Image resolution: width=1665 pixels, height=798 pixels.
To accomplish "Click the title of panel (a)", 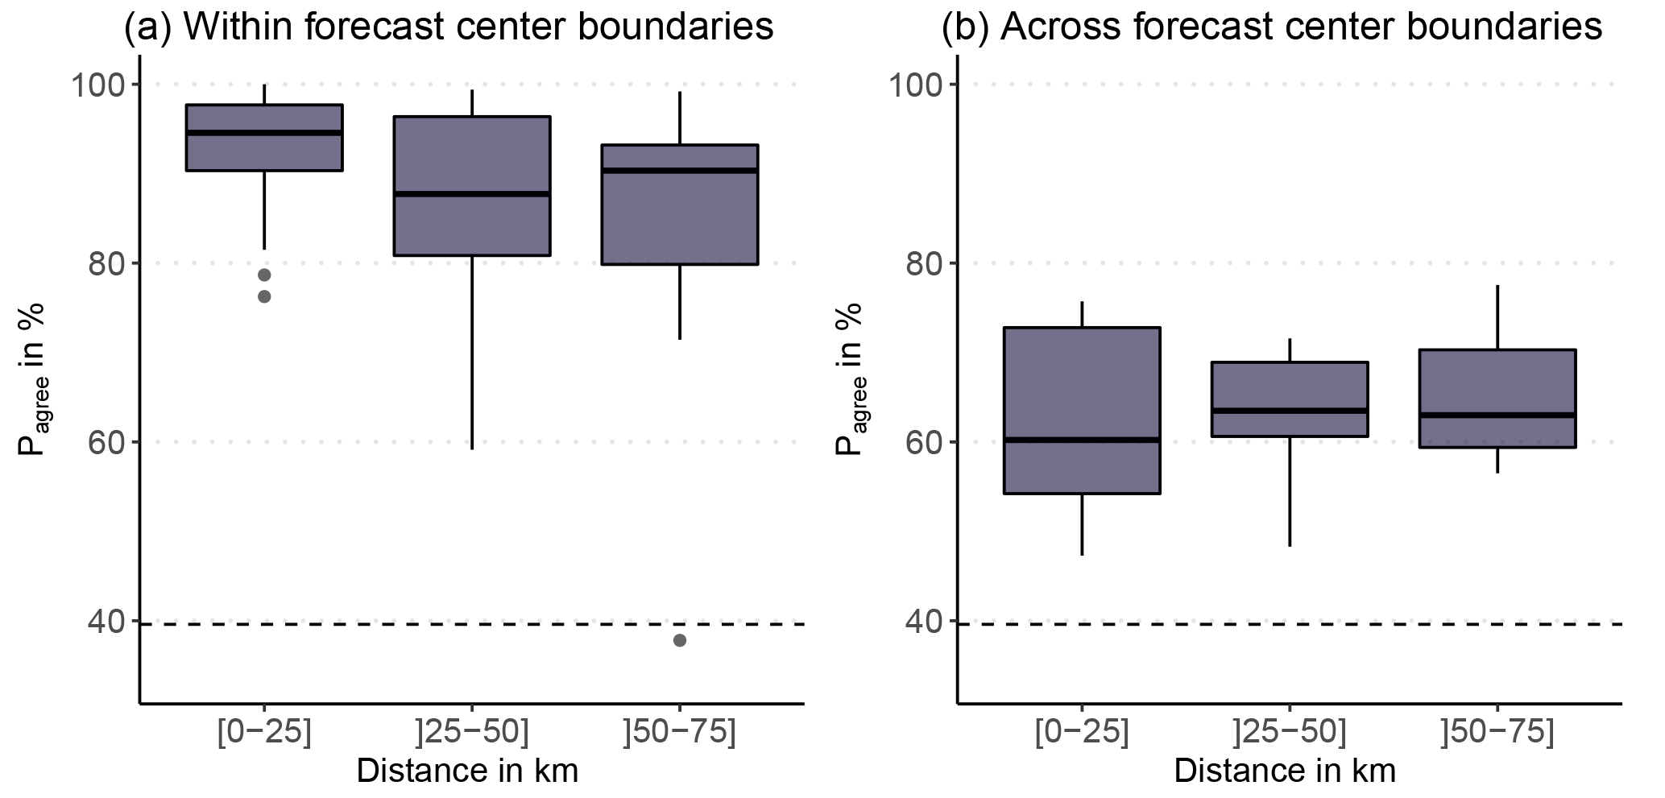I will tap(448, 27).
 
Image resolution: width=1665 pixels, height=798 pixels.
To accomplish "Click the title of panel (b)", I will tap(1272, 27).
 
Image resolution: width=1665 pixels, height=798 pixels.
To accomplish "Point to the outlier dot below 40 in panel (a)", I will tap(680, 640).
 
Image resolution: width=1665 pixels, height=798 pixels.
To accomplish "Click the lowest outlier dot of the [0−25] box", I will tap(264, 296).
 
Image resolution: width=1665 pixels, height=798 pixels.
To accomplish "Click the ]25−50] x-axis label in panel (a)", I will tap(472, 734).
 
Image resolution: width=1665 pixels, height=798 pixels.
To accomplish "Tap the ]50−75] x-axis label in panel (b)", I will tap(1498, 734).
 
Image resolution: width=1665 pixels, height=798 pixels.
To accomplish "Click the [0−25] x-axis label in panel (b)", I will tap(1081, 734).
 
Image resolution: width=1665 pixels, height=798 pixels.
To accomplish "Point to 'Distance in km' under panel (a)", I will tap(467, 771).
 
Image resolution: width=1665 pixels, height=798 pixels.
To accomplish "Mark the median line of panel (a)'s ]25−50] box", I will tap(471, 194).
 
